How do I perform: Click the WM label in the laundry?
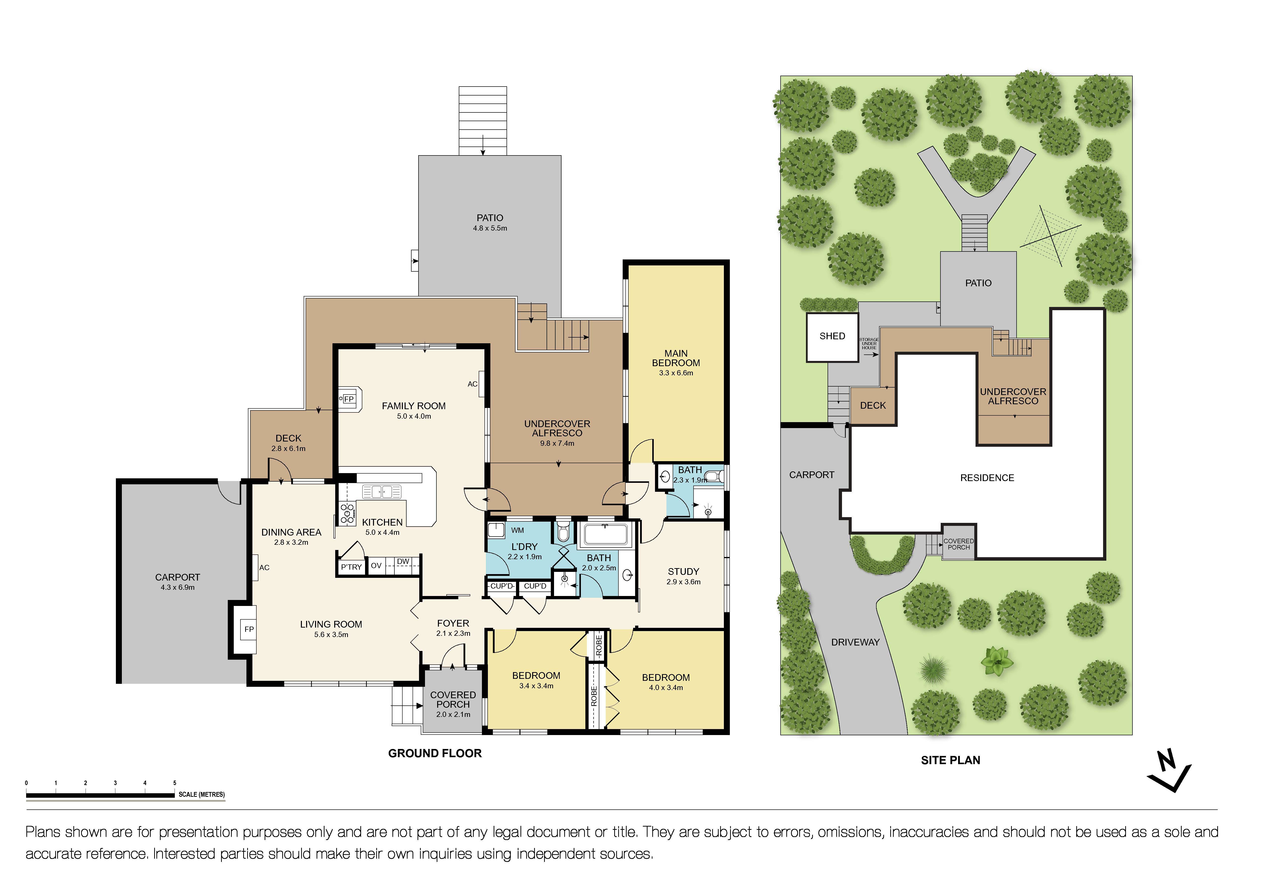[517, 530]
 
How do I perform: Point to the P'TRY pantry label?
[351, 567]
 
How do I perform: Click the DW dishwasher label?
[403, 561]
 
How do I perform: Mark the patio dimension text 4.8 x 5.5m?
[490, 228]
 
